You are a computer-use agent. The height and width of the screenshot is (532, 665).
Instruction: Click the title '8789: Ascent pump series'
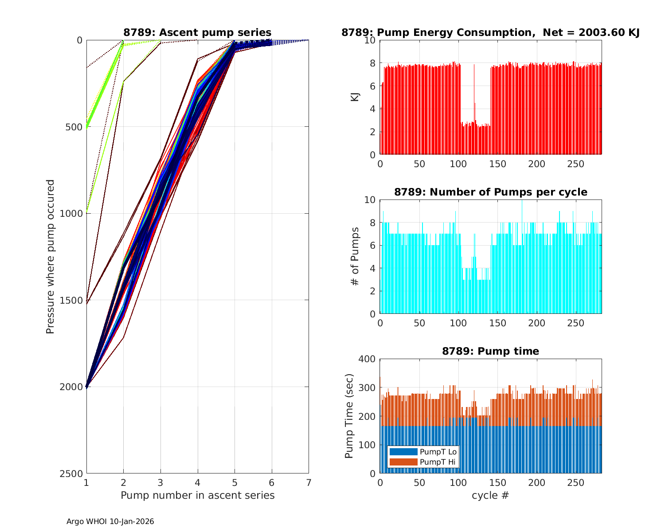pyautogui.click(x=197, y=32)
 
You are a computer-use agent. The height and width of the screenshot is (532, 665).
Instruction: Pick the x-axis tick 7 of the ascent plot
pyautogui.click(x=309, y=482)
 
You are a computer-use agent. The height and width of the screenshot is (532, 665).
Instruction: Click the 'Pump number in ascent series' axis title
pyautogui.click(x=197, y=495)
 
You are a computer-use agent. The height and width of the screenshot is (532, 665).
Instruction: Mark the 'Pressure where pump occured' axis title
pyautogui.click(x=51, y=257)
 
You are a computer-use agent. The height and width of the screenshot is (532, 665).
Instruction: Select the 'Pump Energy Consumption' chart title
pyautogui.click(x=490, y=32)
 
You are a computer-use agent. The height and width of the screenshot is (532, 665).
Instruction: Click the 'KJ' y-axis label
pyautogui.click(x=355, y=97)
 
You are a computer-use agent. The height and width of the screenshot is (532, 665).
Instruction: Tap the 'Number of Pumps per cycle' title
pyautogui.click(x=490, y=192)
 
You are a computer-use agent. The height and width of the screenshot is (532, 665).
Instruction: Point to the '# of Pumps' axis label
pyautogui.click(x=355, y=257)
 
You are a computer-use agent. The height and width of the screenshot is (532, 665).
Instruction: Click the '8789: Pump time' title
pyautogui.click(x=490, y=351)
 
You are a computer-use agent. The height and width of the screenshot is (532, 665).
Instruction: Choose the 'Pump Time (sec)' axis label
pyautogui.click(x=349, y=416)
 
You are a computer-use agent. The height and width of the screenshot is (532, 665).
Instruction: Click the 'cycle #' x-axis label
pyautogui.click(x=490, y=495)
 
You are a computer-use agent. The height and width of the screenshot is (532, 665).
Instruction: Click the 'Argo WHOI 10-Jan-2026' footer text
pyautogui.click(x=110, y=522)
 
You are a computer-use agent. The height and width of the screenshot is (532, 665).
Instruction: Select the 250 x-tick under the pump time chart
pyautogui.click(x=575, y=482)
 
